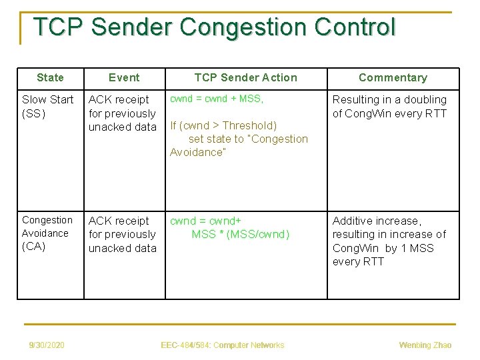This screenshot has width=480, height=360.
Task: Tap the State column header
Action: (x=50, y=78)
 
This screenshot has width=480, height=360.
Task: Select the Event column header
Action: (x=124, y=78)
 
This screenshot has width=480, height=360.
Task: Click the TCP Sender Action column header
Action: (x=245, y=78)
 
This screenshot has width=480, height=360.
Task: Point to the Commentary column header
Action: (x=393, y=78)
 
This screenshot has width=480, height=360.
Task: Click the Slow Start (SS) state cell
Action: (x=47, y=106)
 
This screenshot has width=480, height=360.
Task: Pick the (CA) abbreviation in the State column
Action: (x=34, y=247)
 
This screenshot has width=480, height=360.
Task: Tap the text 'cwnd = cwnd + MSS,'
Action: (x=217, y=99)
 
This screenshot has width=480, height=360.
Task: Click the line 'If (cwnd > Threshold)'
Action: (x=223, y=125)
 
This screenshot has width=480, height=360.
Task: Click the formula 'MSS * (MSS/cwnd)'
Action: (x=241, y=234)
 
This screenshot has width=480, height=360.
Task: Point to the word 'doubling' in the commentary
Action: (x=425, y=99)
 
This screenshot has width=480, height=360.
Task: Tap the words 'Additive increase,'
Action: (x=377, y=221)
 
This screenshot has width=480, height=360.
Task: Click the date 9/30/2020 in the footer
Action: (x=47, y=345)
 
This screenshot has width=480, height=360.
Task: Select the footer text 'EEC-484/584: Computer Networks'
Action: (x=223, y=345)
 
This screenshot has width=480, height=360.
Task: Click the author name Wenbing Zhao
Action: (x=425, y=345)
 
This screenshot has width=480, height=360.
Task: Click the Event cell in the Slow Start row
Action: (x=123, y=113)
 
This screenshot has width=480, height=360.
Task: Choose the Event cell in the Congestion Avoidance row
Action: (x=123, y=234)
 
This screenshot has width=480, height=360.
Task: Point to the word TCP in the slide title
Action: (x=58, y=27)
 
